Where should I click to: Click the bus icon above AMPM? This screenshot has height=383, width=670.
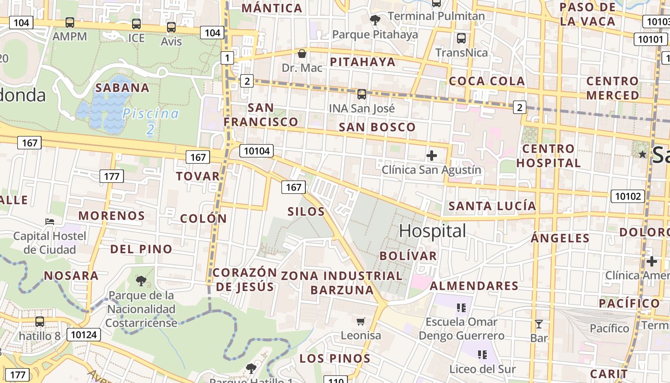70,23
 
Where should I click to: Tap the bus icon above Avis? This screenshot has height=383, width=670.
171,27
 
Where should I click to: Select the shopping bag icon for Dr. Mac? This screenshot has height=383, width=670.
302,53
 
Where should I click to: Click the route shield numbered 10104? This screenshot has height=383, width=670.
257,151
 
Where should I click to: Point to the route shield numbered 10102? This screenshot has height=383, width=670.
627,196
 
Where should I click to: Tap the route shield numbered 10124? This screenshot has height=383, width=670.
84,334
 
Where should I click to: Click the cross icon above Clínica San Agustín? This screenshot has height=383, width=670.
432,155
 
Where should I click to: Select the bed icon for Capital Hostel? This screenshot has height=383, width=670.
50,221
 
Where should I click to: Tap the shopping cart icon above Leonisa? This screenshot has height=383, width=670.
361,321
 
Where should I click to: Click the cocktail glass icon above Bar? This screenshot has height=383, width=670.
539,324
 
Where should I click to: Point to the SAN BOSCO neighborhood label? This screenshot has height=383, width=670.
377,127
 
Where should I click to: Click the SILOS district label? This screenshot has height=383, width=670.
306,212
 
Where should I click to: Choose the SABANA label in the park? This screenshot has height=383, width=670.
123,88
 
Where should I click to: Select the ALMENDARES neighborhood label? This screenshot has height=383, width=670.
474,286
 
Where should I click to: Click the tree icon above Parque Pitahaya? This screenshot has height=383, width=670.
375,20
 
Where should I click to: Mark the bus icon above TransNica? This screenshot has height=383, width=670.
461,38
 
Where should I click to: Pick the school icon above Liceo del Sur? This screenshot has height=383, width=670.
482,355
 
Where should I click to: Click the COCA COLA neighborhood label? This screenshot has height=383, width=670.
487,81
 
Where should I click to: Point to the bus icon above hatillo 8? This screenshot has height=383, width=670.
40,322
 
